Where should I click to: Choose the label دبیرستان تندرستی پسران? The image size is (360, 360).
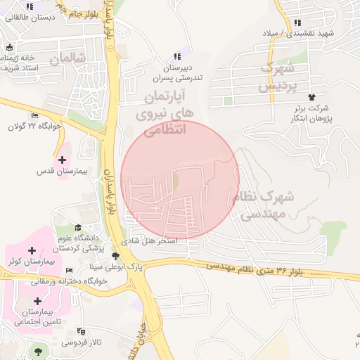[x=183, y=72]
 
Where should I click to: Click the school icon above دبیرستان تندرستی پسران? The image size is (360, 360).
[x=176, y=56]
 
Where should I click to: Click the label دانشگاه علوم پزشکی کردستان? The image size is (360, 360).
[x=79, y=243]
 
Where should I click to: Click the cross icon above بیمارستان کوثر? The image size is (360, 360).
[x=32, y=251]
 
